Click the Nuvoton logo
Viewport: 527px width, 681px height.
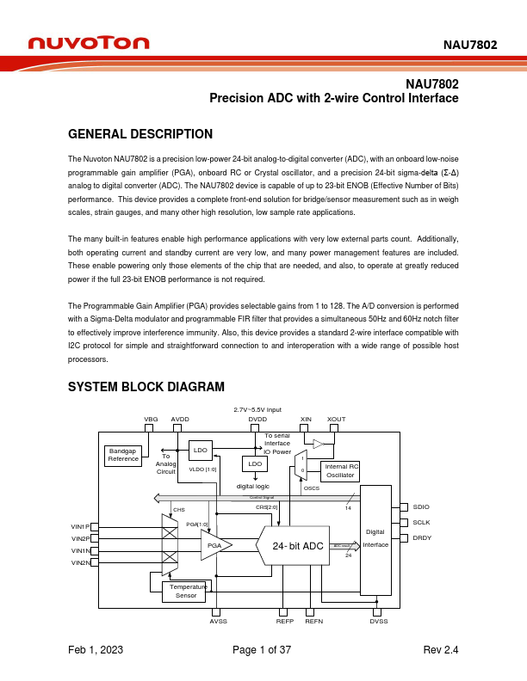click(x=88, y=43)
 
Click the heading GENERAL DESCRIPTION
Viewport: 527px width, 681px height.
click(x=139, y=134)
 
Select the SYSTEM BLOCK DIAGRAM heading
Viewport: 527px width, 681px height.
click(x=146, y=387)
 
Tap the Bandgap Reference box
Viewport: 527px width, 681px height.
click(x=123, y=455)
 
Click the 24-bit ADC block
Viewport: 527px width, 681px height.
click(x=298, y=546)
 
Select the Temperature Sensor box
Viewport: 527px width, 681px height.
click(x=185, y=591)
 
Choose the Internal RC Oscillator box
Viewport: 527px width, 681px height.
click(x=340, y=470)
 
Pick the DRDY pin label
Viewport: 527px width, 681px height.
click(x=424, y=537)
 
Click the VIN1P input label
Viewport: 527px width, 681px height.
click(x=80, y=526)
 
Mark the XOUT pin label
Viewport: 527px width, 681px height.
click(x=336, y=419)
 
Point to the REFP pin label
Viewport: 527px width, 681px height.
click(x=285, y=621)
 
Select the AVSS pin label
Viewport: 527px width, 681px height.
click(x=218, y=621)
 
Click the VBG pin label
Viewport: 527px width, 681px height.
click(x=150, y=419)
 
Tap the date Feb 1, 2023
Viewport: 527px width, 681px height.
click(x=96, y=651)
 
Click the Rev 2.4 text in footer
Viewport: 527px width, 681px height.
click(x=441, y=651)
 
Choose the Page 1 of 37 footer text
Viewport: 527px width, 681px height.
click(x=263, y=651)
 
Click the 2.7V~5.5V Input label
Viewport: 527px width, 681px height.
click(x=257, y=409)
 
